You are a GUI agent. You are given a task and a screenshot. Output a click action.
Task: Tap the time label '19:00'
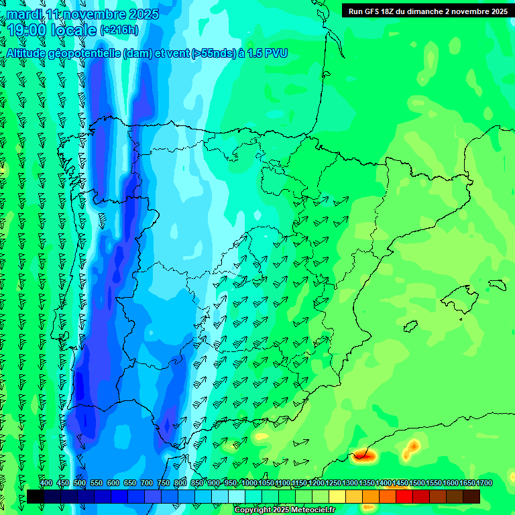pos(26,30)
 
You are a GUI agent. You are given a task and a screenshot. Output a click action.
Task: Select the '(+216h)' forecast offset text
pos(119,30)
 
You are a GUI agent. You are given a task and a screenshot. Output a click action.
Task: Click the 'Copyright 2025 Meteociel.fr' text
pos(284,510)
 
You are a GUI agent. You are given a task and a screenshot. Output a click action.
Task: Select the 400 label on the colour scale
pos(46,483)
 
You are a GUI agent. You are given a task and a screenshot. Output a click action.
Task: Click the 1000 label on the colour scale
pos(249,483)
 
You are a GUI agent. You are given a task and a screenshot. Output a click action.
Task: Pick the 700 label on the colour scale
pos(147,483)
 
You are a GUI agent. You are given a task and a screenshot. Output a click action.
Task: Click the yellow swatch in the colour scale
pos(337,496)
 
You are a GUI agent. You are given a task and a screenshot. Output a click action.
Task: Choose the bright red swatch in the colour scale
pos(404,496)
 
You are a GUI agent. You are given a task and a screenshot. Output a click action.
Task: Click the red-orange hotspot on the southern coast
pos(365,456)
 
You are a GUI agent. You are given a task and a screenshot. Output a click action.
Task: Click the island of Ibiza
pos(410,327)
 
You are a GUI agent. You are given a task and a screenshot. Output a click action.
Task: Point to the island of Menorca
pos(497,284)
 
